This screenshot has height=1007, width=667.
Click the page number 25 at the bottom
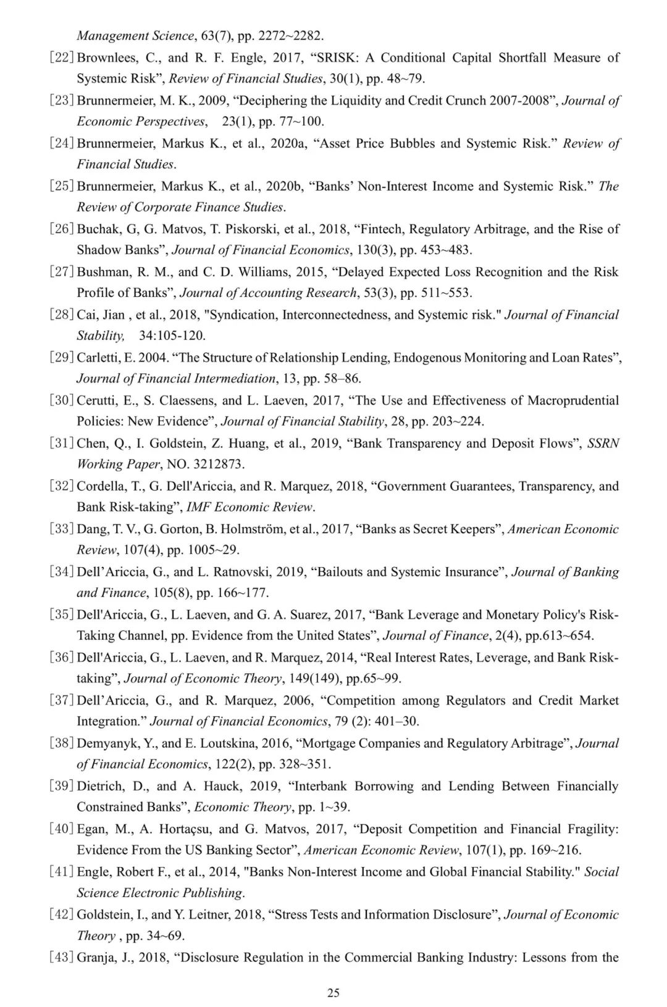pyautogui.click(x=333, y=993)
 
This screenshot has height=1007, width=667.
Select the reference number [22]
pyautogui.click(x=62, y=58)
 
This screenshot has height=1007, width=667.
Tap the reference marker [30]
pyautogui.click(x=62, y=400)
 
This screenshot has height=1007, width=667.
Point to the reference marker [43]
pyautogui.click(x=62, y=958)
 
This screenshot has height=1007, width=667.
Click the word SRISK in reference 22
pyautogui.click(x=337, y=58)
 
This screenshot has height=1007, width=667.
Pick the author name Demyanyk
pyautogui.click(x=106, y=743)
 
